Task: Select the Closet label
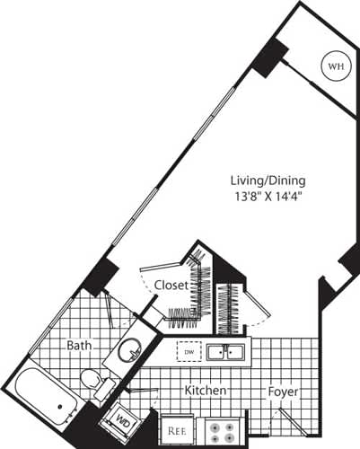click(171, 285)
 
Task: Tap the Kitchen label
click(205, 392)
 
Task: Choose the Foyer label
click(284, 392)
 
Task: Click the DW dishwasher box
click(188, 351)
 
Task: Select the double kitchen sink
click(225, 351)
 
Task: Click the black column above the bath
click(100, 276)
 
